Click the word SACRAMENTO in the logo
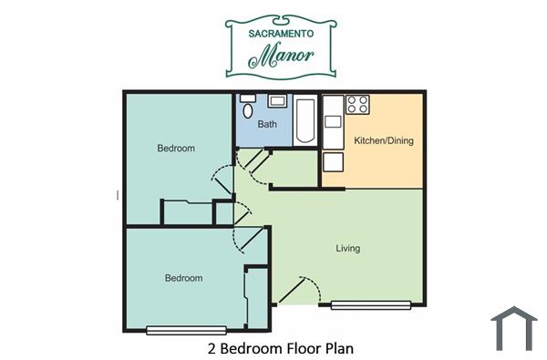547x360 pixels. tap(282, 33)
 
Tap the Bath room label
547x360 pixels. tap(266, 125)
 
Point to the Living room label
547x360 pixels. tap(347, 248)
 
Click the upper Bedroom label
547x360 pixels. tap(175, 149)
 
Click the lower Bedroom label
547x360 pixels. tap(183, 278)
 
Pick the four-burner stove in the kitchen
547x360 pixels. tap(357, 104)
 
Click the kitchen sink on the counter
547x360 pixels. tap(332, 120)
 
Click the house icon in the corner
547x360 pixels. tap(513, 330)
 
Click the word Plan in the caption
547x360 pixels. tap(335, 347)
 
